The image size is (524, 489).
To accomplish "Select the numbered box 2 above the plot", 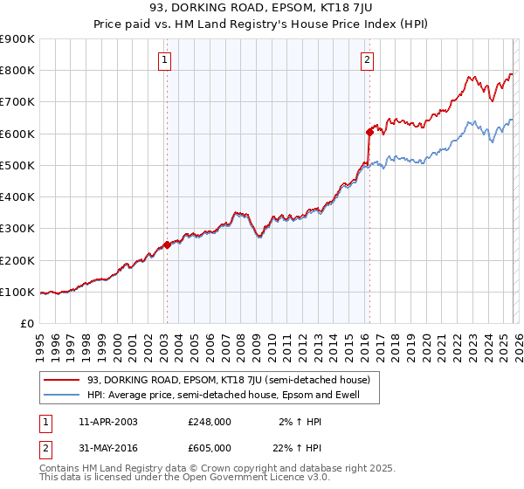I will (x=367, y=60).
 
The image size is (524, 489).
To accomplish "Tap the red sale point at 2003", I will (x=167, y=245).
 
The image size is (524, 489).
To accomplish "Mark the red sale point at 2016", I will (x=369, y=133).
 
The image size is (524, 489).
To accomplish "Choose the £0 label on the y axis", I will (x=26, y=324).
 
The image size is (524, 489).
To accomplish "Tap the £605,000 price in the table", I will (x=210, y=447).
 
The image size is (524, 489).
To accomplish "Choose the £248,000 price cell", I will (x=210, y=422).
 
